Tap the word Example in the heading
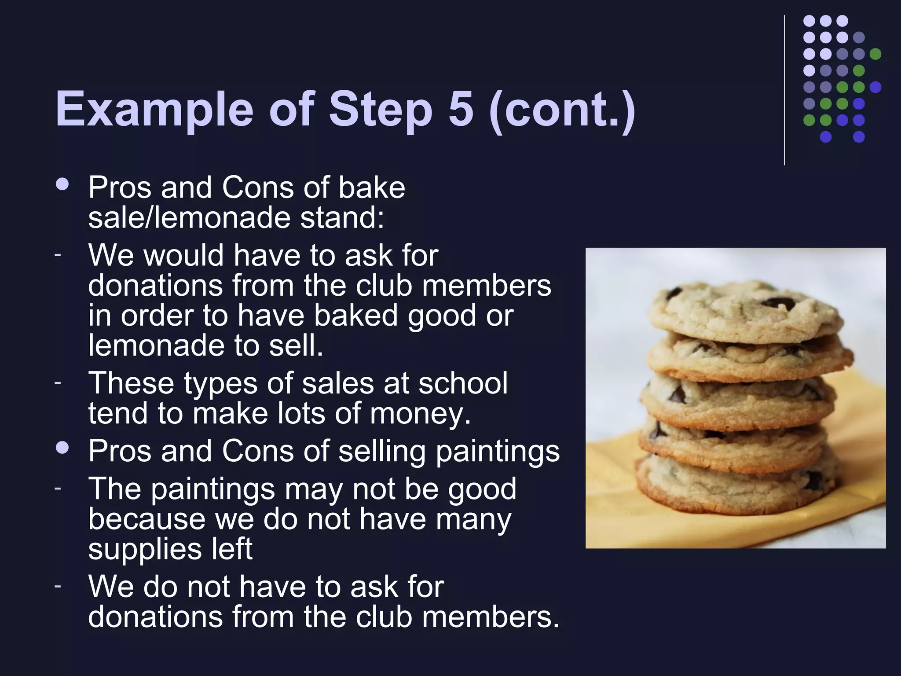(154, 110)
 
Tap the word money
(420, 414)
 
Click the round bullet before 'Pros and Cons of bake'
(62, 184)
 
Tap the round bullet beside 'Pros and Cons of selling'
(62, 448)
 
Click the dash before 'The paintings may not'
(57, 488)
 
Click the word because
(147, 519)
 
